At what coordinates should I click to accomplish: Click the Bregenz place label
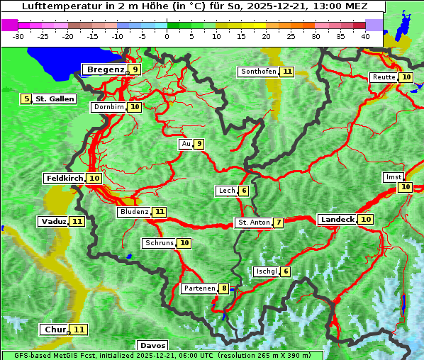[105, 69]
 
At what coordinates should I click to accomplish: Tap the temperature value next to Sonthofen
[287, 72]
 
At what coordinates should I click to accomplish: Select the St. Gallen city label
[55, 99]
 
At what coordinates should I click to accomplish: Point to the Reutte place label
[384, 77]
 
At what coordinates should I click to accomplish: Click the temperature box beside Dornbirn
[135, 107]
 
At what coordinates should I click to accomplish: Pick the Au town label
[186, 144]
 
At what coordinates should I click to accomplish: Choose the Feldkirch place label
[65, 179]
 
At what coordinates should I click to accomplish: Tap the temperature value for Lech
[243, 191]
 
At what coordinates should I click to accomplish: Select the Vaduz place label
[54, 222]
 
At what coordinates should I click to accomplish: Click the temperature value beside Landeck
[366, 220]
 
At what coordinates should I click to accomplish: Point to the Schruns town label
[159, 243]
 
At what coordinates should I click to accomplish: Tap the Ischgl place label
[266, 271]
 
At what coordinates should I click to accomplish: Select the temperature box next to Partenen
[224, 288]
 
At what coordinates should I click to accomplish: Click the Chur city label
[55, 330]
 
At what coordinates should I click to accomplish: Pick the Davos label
[153, 346]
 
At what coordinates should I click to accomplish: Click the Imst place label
[393, 176]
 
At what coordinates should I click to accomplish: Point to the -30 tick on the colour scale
[18, 36]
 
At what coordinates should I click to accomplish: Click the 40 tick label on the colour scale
[365, 36]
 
